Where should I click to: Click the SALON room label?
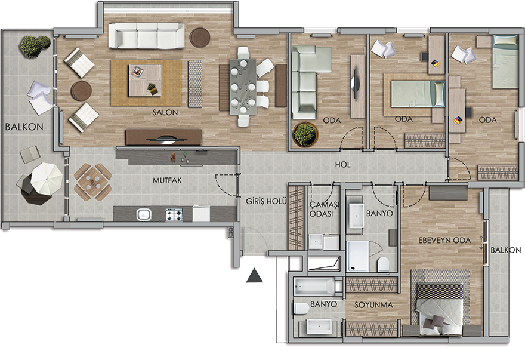(x=165, y=113)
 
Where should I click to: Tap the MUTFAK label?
(x=167, y=181)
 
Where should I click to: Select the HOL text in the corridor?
(x=343, y=165)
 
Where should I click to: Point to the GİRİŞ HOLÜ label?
(x=266, y=201)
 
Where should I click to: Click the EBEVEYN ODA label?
(x=444, y=241)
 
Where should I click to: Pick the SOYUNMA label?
(x=373, y=305)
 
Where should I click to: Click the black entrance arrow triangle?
(x=255, y=276)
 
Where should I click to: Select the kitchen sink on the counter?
(x=144, y=214)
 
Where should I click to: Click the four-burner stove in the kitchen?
(x=174, y=214)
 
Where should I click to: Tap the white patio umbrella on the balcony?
(x=47, y=178)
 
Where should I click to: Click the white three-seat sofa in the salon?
(x=146, y=36)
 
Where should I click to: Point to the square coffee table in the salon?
(x=144, y=81)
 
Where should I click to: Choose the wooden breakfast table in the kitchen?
(x=92, y=182)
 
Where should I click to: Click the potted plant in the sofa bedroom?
(x=305, y=135)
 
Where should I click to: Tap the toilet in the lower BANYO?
(x=302, y=309)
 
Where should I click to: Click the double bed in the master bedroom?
(x=439, y=309)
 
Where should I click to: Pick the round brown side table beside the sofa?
(x=200, y=38)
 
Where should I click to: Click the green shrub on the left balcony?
(x=34, y=46)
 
